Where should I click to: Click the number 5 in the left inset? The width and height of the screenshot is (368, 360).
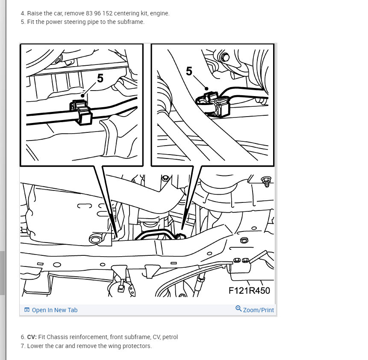(x=100, y=78)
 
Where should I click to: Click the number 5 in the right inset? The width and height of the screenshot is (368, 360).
(x=189, y=71)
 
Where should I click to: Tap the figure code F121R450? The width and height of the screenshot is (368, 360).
(x=249, y=290)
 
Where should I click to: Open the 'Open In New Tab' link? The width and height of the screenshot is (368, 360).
(x=54, y=310)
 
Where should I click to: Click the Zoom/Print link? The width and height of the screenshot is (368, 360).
(x=259, y=310)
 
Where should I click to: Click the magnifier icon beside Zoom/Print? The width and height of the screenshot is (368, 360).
(x=238, y=309)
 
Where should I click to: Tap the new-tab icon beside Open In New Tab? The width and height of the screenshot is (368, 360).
(x=27, y=310)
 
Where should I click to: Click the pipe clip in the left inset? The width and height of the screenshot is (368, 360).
(x=81, y=112)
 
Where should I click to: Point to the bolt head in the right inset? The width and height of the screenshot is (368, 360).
(x=225, y=57)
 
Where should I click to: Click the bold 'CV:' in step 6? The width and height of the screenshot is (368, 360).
(x=32, y=337)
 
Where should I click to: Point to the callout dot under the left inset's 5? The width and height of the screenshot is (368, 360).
(x=82, y=96)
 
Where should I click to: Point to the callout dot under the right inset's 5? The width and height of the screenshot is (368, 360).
(x=206, y=89)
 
